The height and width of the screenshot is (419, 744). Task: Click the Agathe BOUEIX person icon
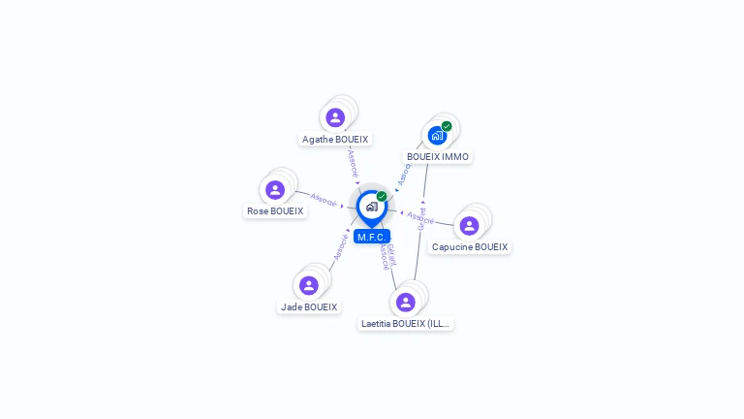335,117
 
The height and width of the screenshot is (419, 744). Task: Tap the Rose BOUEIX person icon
275,190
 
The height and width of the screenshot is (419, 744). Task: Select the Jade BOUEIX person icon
309,285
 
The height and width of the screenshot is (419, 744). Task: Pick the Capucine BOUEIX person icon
469,226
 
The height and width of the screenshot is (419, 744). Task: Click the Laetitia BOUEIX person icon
406,302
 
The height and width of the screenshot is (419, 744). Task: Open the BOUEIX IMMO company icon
437,135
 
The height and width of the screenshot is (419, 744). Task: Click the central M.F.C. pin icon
371,207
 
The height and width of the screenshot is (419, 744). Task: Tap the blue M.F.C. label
372,237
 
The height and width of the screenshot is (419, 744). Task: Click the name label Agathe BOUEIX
335,140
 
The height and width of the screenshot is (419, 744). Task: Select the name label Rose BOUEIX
275,211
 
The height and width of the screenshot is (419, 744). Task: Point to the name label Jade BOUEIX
309,307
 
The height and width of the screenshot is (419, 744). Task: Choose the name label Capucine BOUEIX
470,247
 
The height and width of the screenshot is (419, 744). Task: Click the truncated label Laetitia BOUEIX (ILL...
406,324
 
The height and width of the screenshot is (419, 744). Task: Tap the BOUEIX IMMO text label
438,157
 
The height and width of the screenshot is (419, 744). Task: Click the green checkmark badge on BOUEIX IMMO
447,126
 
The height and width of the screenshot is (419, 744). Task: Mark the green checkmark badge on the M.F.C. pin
382,197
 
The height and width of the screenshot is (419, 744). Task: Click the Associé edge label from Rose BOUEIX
324,203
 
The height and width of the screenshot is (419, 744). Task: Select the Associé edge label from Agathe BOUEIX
353,162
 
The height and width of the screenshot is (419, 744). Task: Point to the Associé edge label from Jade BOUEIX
341,245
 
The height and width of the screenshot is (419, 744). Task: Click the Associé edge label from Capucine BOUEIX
419,215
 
